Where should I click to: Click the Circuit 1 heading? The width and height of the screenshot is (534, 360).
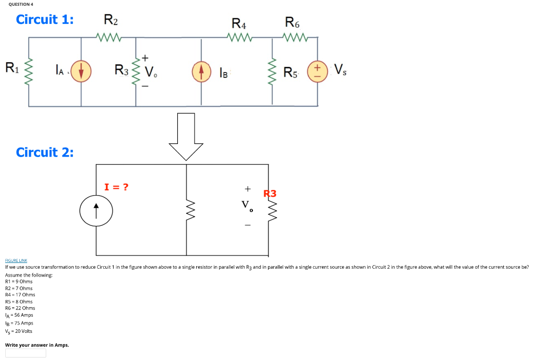click(45, 20)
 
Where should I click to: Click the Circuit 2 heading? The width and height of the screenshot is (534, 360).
click(45, 152)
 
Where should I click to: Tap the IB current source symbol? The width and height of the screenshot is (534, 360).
click(202, 72)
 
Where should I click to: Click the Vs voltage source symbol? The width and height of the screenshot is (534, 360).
click(318, 71)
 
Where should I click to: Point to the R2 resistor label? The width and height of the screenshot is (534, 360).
click(111, 21)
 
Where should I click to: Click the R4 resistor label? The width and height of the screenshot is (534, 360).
click(239, 23)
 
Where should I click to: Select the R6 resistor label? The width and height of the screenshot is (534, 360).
click(293, 22)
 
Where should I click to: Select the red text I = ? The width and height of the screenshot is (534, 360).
click(116, 187)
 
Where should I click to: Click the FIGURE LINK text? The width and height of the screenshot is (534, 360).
click(16, 260)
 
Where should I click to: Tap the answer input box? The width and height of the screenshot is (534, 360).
click(26, 353)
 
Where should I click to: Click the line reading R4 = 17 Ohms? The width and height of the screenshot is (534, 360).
click(20, 295)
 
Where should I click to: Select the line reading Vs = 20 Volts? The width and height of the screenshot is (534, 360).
click(19, 331)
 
